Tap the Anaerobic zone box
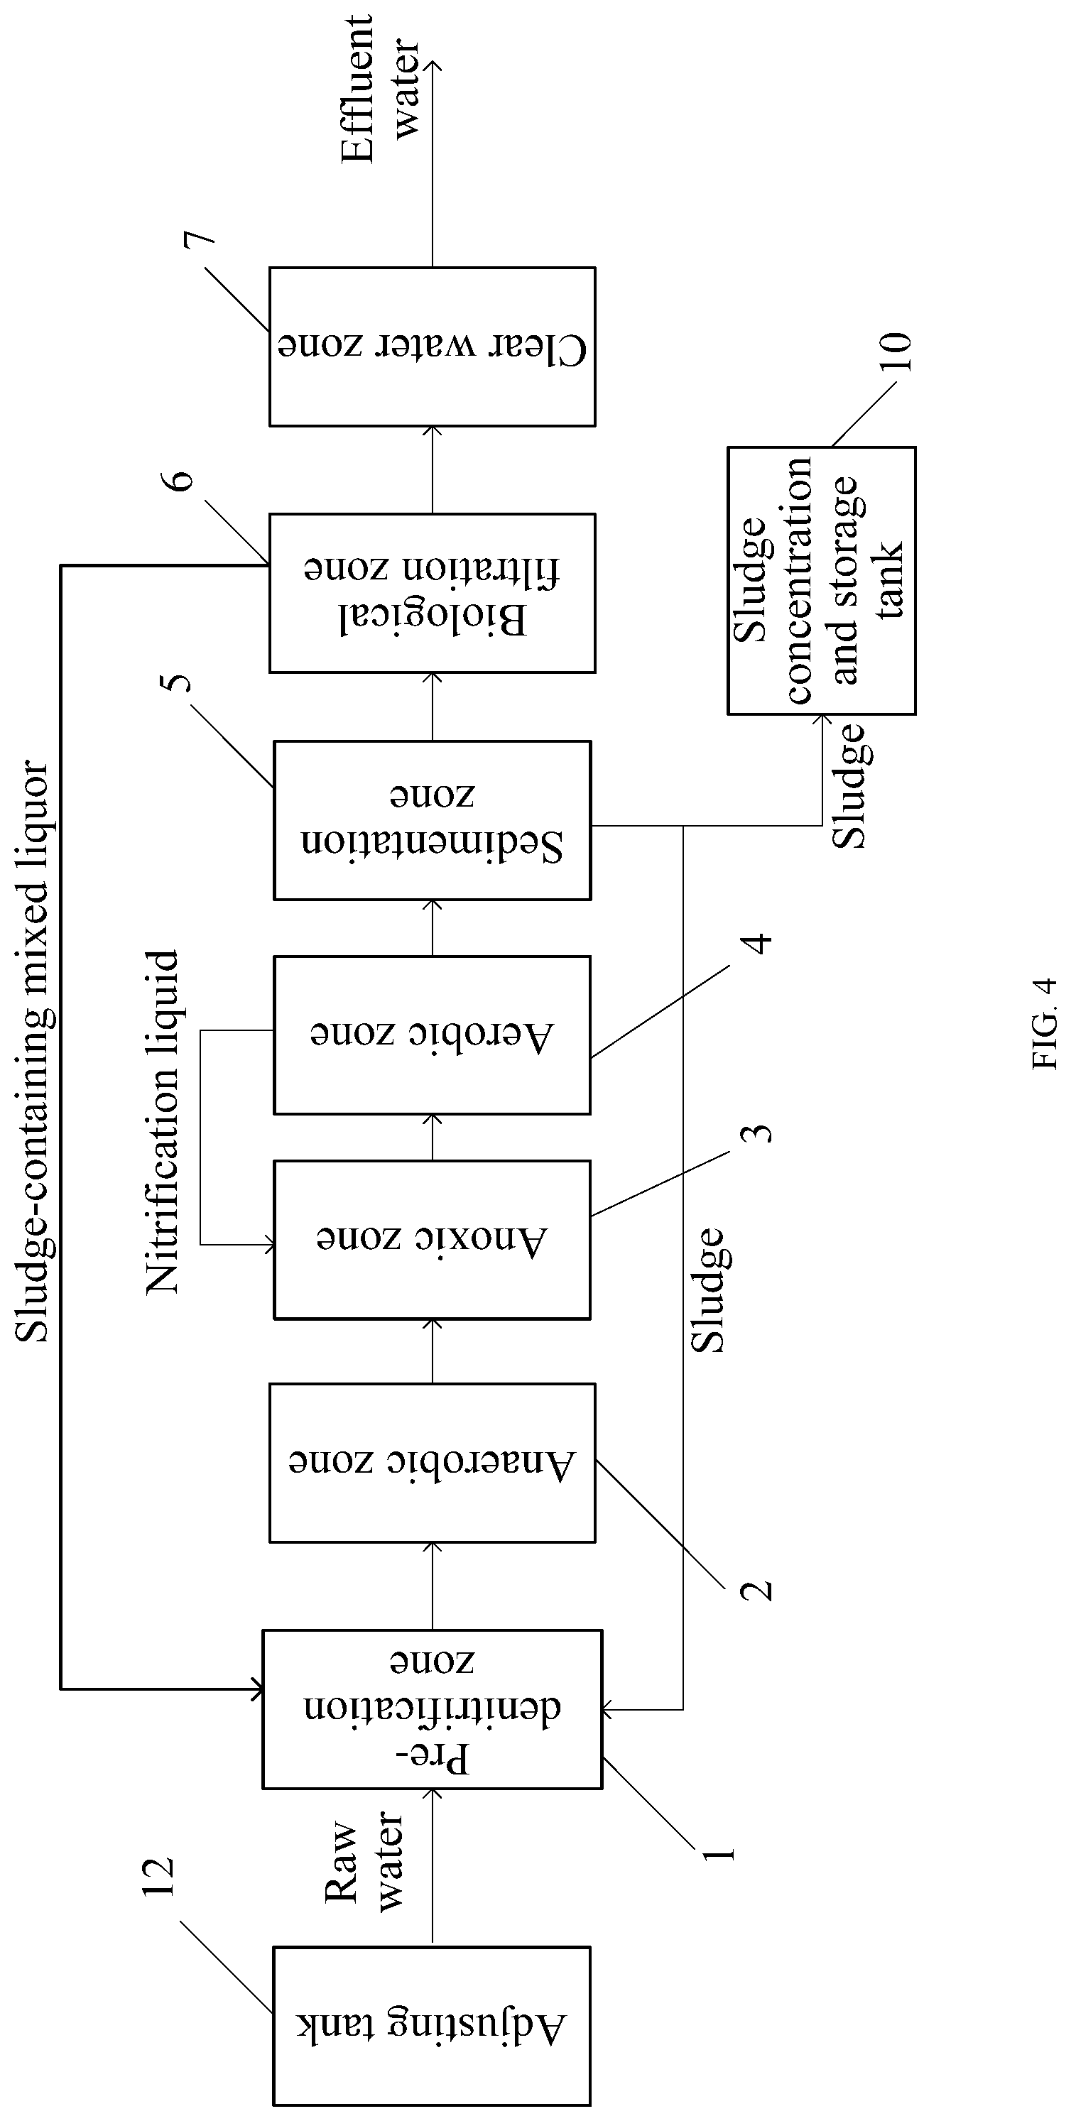pos(433,1462)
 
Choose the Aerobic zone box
pos(433,1035)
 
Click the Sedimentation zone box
pos(433,820)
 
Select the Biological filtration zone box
pos(433,593)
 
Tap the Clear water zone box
pos(433,347)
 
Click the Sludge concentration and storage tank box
pos(822,580)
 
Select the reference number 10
pos(896,351)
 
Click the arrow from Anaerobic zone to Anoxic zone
pos(433,1351)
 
